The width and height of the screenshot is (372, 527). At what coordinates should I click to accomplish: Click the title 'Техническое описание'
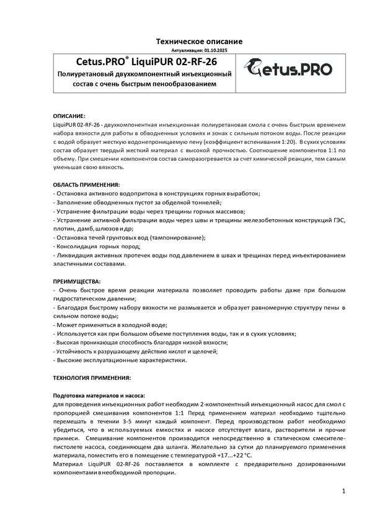(x=198, y=41)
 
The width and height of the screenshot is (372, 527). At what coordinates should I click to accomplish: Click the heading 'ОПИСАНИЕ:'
(x=70, y=116)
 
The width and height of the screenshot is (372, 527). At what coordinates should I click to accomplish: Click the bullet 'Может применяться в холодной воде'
(x=111, y=325)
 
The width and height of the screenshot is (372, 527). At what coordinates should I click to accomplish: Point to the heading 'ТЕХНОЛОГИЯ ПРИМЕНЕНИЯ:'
(x=92, y=377)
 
